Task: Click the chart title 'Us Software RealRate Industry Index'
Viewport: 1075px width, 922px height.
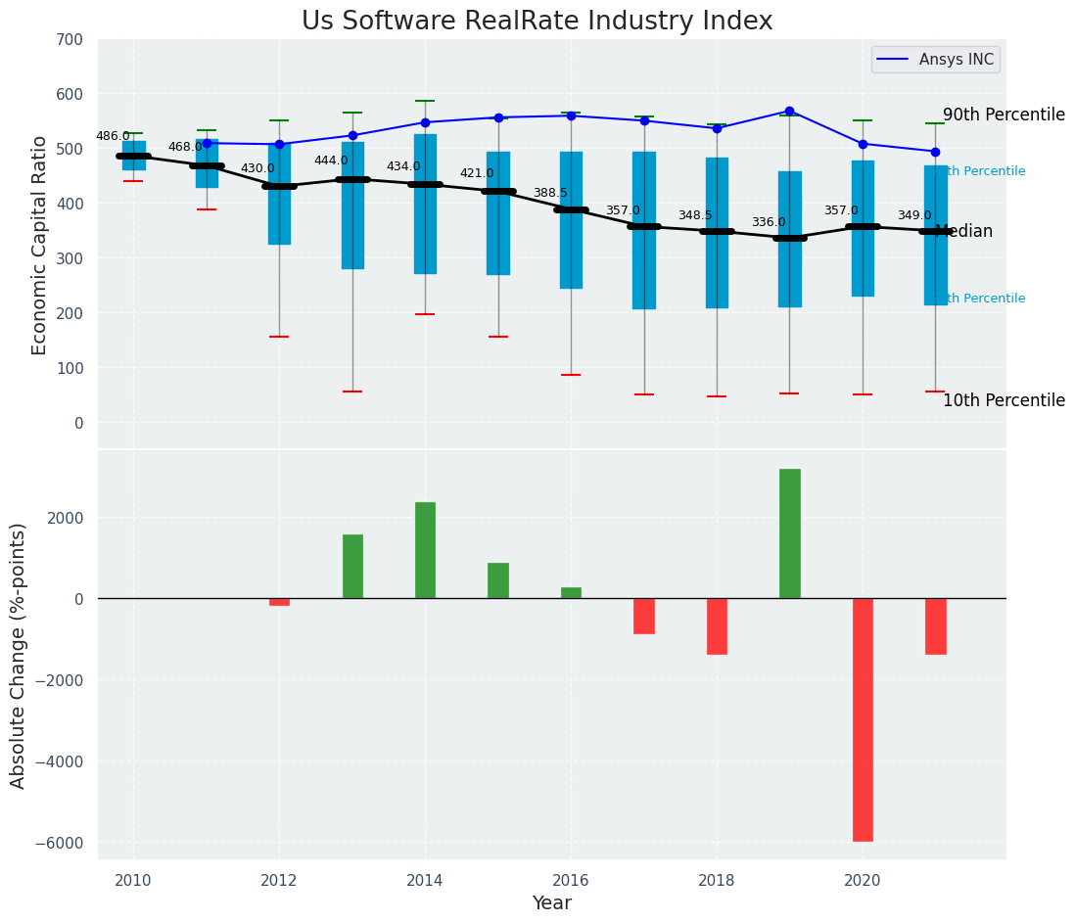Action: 537,22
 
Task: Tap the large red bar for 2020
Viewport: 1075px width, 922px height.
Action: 863,719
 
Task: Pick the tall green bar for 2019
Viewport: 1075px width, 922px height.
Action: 789,533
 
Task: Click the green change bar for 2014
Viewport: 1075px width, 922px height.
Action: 425,550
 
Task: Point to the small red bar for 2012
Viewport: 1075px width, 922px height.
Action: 279,602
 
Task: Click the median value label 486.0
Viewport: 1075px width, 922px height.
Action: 113,136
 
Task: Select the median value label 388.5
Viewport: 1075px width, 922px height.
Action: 550,193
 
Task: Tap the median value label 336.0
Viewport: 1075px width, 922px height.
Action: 769,222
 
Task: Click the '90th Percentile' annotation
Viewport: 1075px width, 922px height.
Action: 1004,115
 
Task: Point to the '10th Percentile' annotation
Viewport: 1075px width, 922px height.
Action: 1004,400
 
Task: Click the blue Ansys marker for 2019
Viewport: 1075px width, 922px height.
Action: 789,112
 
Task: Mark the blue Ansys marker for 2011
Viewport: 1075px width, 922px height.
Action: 207,143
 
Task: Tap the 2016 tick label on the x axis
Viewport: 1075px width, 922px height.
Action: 571,880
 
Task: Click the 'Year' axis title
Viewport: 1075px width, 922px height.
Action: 551,903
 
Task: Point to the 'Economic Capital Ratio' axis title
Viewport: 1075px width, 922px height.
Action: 40,245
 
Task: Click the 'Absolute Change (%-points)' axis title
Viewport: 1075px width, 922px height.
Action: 19,655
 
